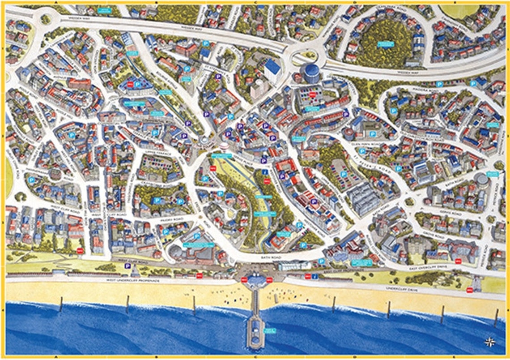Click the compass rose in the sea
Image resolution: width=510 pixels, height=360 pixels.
(x=490, y=342)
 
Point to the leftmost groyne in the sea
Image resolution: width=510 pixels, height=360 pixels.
(x=61, y=304)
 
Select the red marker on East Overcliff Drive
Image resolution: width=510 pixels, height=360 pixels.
(x=458, y=261)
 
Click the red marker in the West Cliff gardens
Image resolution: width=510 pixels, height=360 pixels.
(x=80, y=251)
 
